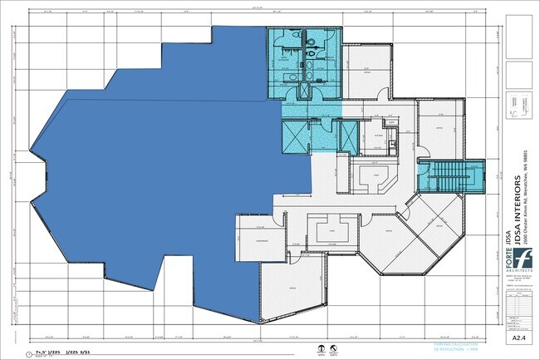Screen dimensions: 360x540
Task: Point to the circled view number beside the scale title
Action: (29, 353)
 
